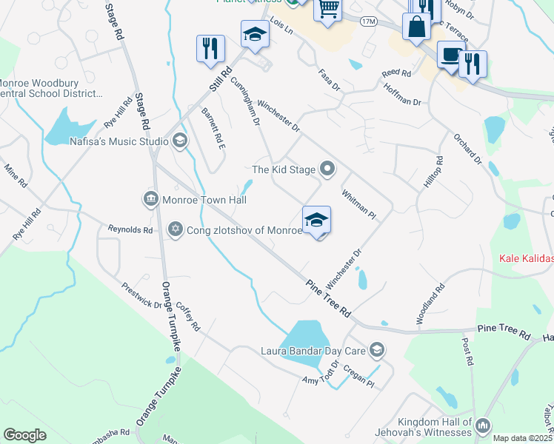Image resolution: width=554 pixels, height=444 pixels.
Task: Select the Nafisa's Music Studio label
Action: pos(119,141)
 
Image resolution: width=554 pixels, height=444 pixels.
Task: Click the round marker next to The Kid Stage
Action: pos(327,169)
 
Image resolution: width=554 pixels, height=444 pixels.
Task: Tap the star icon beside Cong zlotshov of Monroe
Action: pos(176,229)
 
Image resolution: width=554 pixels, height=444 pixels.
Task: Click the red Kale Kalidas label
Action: pos(527,258)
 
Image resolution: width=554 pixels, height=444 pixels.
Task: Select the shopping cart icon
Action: pos(327,10)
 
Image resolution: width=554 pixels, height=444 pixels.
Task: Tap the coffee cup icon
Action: pos(450,55)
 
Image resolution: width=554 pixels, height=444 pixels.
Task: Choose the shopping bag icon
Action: pos(416,27)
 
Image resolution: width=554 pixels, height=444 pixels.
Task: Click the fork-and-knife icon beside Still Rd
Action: pos(210,48)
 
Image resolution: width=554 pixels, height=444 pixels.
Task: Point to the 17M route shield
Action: pos(369,21)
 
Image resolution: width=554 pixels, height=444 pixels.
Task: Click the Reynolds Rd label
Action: pos(130,230)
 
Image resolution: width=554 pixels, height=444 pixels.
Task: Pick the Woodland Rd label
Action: pos(430,304)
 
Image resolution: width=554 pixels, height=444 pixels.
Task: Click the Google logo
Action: pos(25,435)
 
